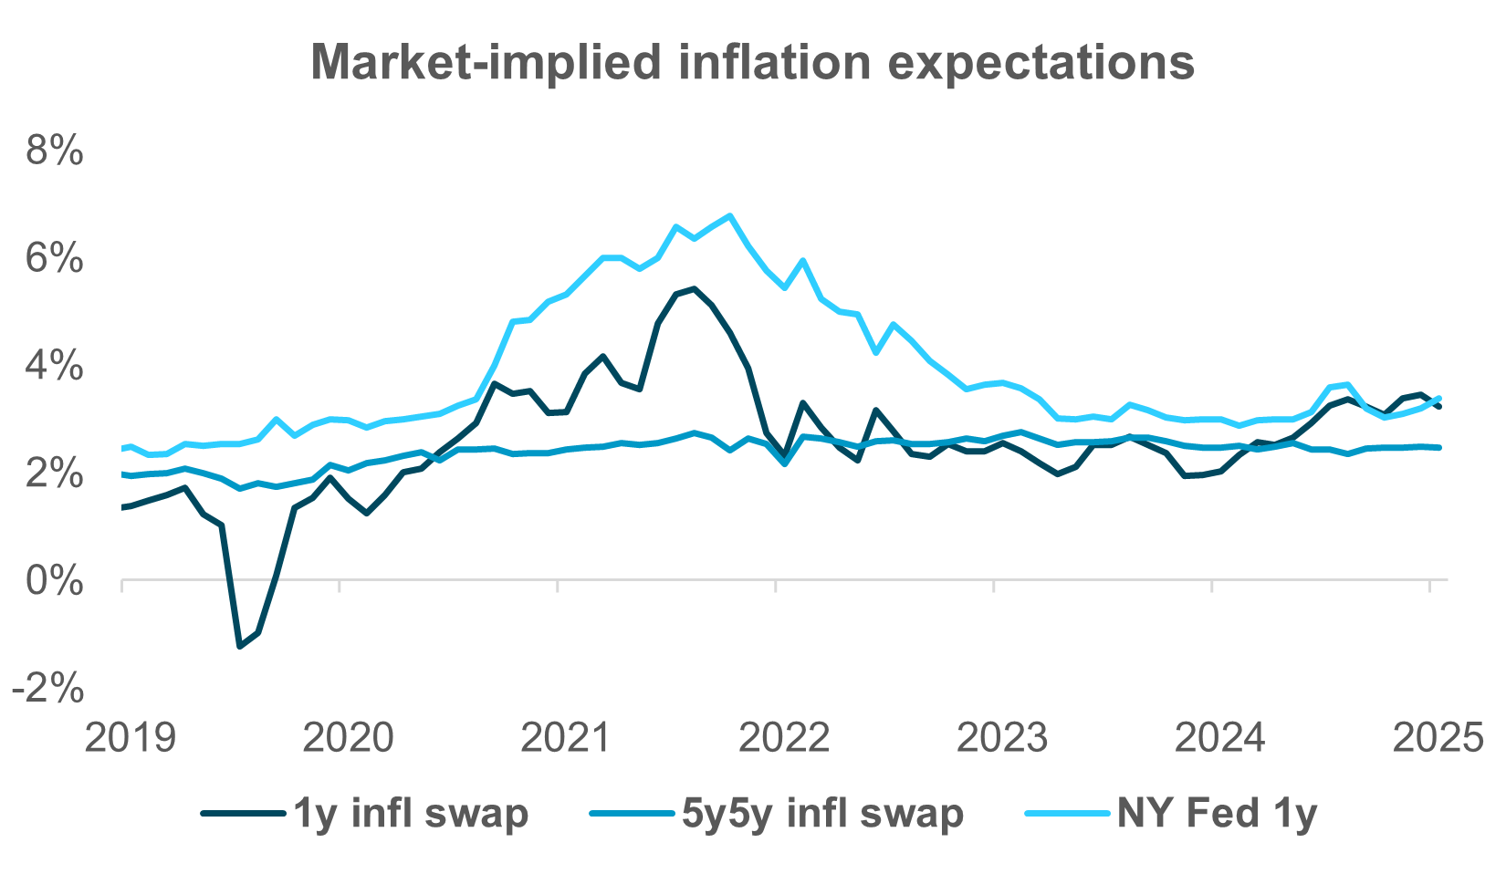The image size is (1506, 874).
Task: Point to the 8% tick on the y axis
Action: point(55,151)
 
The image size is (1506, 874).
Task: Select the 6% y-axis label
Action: point(55,260)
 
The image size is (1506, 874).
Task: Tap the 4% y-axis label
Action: point(55,368)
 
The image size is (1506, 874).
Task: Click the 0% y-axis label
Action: point(55,581)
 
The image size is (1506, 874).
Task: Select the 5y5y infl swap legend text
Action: point(822,812)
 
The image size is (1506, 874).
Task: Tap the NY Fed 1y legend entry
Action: point(1218,812)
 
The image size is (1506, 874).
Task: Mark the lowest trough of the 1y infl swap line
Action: point(239,647)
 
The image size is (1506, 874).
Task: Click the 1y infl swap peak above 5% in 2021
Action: point(694,289)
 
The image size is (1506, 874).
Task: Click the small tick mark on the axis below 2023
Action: point(993,587)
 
